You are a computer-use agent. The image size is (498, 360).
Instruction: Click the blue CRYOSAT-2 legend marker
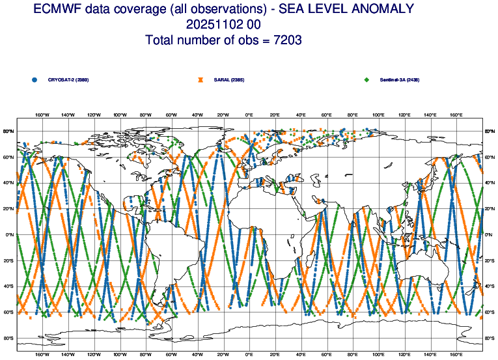pyautogui.click(x=34, y=80)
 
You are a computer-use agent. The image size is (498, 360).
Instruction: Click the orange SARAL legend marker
pyautogui.click(x=201, y=80)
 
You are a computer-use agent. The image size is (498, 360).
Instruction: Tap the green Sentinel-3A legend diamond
pyautogui.click(x=367, y=80)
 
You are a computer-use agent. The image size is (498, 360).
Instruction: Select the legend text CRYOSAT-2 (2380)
pyautogui.click(x=68, y=80)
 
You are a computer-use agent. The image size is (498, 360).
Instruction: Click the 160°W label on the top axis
pyautogui.click(x=42, y=115)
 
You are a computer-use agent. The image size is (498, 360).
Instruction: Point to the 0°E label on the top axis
pyautogui.click(x=249, y=115)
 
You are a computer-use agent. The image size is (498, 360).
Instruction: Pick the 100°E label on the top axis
pyautogui.click(x=378, y=115)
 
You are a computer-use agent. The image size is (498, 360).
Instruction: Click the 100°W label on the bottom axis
pyautogui.click(x=120, y=355)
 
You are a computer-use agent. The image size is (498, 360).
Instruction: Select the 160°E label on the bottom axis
pyautogui.click(x=456, y=355)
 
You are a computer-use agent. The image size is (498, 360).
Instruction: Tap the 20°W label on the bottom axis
pyautogui.click(x=223, y=355)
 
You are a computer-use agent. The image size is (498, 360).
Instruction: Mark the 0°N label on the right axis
pyautogui.click(x=490, y=235)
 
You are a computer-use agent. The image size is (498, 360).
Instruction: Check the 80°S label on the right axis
pyautogui.click(x=490, y=339)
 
